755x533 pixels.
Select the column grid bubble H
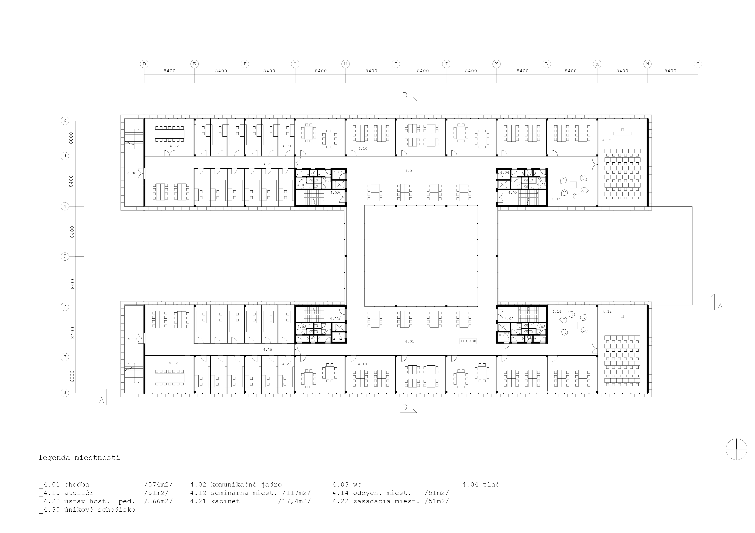pyautogui.click(x=345, y=64)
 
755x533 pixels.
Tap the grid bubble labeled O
pyautogui.click(x=698, y=64)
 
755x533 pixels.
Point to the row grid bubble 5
pyautogui.click(x=65, y=256)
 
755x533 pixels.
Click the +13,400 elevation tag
pyautogui.click(x=468, y=341)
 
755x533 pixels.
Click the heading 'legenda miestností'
pyautogui.click(x=79, y=458)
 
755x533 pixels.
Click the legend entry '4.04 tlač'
pyautogui.click(x=481, y=484)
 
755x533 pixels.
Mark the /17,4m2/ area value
pyautogui.click(x=294, y=501)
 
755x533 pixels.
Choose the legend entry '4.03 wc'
pyautogui.click(x=347, y=484)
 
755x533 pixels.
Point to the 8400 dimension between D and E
pyautogui.click(x=169, y=71)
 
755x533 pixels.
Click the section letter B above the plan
pyautogui.click(x=404, y=96)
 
